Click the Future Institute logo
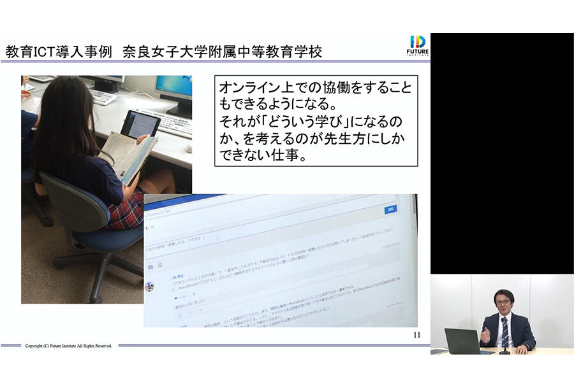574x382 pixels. (x=418, y=46)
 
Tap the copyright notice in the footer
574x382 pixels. (x=68, y=346)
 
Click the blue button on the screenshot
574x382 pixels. (x=390, y=209)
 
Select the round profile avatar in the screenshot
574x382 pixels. (x=150, y=286)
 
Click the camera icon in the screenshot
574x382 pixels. (x=151, y=266)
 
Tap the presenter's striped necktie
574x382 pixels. (x=504, y=330)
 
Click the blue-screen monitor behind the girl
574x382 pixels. (x=173, y=89)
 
